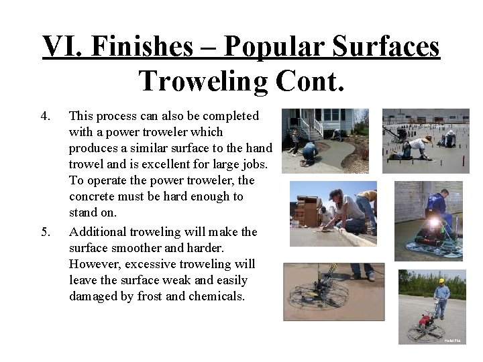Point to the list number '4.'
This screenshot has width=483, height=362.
(45, 116)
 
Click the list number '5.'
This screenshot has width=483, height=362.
(45, 233)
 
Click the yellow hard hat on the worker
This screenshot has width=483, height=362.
(441, 280)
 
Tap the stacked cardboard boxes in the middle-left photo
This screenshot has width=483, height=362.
(310, 211)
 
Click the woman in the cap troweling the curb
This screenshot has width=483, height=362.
(349, 208)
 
